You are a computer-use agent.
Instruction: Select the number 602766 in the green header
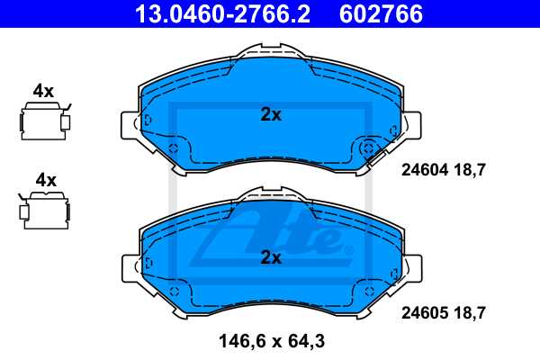tap(381, 13)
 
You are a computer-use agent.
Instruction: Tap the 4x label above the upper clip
tap(43, 91)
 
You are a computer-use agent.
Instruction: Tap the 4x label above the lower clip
tap(43, 180)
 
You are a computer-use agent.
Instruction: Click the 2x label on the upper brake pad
tap(270, 114)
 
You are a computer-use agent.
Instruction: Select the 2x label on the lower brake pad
tap(270, 257)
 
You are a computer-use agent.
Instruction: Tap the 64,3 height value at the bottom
tap(305, 342)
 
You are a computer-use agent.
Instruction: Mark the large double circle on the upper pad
tap(368, 149)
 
